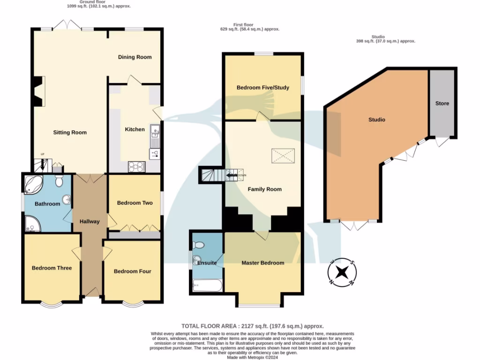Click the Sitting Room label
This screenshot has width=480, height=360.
(70, 133)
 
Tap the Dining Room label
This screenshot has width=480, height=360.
(135, 57)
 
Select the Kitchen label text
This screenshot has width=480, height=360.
(135, 129)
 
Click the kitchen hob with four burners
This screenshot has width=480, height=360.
(137, 166)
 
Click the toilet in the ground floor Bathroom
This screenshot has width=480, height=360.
(59, 181)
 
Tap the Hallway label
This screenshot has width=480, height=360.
(89, 221)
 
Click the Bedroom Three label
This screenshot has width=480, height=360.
(52, 268)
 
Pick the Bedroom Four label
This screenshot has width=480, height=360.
(133, 271)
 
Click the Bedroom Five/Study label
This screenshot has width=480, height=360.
(262, 88)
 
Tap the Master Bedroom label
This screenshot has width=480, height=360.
(262, 263)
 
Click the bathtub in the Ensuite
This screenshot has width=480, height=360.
(206, 285)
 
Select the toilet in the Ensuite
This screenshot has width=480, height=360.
(198, 245)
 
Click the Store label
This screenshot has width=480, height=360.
(442, 104)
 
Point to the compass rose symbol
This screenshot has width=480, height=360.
(342, 272)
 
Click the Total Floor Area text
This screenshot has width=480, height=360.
(252, 326)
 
